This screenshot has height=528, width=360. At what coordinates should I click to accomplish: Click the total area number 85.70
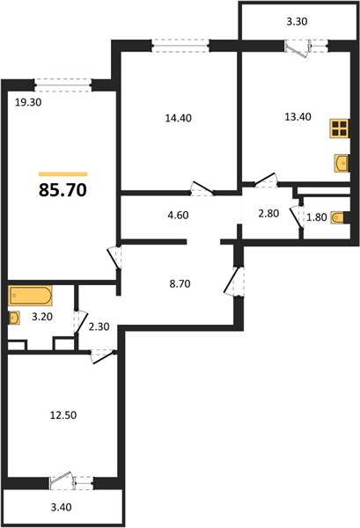click(63, 190)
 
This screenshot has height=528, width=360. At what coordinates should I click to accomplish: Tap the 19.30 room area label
click(28, 102)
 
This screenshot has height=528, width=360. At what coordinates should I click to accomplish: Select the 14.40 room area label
click(179, 118)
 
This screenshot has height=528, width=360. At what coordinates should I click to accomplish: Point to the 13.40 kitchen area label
click(298, 117)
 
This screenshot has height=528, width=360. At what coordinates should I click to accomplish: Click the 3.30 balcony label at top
click(297, 21)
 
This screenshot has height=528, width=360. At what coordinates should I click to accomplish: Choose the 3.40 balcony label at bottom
click(62, 507)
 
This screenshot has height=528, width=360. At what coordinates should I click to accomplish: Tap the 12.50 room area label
click(63, 415)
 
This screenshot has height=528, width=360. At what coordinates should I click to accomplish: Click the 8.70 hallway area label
click(180, 284)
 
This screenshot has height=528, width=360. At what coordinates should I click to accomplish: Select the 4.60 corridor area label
click(178, 215)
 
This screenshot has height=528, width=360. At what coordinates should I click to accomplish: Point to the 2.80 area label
click(268, 214)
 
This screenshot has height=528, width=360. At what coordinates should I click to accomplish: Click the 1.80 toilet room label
click(317, 217)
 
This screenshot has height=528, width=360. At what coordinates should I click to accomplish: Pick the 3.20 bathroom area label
click(41, 317)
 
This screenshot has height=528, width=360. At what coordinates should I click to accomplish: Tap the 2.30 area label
click(99, 326)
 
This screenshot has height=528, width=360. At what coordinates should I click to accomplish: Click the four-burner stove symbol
click(339, 128)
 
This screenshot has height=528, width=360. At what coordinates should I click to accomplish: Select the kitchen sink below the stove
click(342, 164)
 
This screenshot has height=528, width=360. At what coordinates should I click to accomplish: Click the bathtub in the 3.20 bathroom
click(30, 296)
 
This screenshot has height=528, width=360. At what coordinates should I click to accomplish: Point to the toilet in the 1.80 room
click(340, 217)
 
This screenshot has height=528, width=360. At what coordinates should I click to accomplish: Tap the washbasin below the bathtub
click(14, 318)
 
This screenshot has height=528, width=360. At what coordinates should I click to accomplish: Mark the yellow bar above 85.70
click(63, 174)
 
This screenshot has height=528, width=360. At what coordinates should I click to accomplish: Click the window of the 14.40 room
click(180, 46)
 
